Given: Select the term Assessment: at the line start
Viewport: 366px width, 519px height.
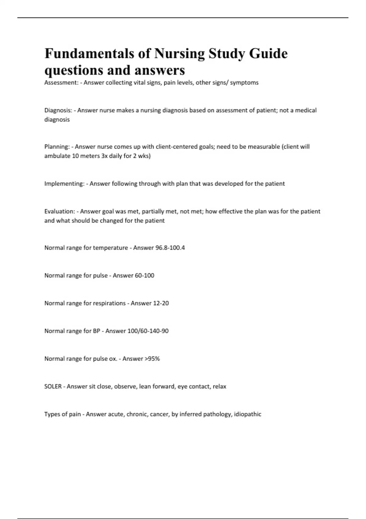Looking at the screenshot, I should [x=61, y=82].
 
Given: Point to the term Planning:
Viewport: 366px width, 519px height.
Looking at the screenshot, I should [x=57, y=147].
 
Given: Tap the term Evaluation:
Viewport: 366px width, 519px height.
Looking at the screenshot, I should [x=59, y=211].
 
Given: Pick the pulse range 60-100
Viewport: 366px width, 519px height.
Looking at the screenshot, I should [x=144, y=275].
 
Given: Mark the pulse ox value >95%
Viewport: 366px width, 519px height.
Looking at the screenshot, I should [x=152, y=359].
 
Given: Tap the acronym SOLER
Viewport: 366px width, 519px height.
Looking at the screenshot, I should [x=53, y=387].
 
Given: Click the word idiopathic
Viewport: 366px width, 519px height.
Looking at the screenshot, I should [x=247, y=414].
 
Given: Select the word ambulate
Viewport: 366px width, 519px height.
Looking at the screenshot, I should [x=57, y=156].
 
